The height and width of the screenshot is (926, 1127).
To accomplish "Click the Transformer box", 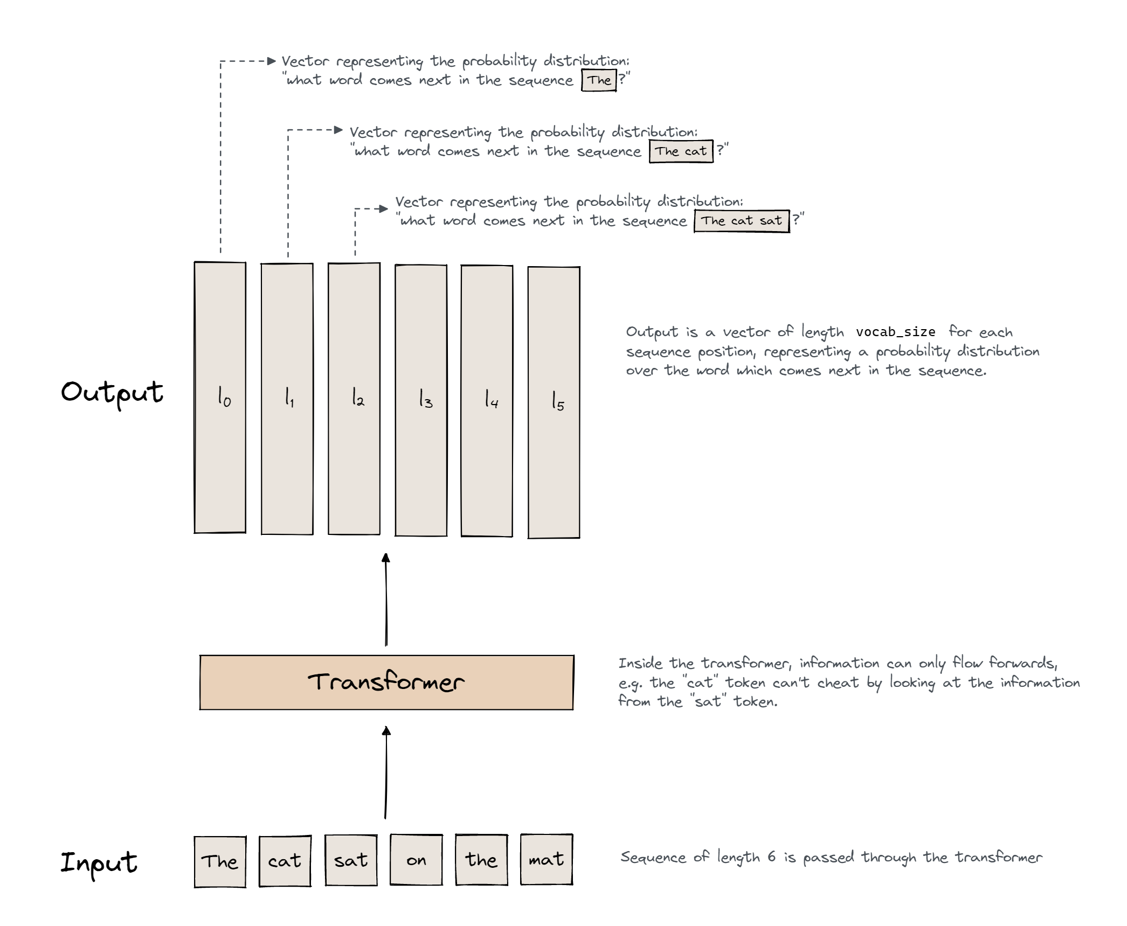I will click(x=386, y=682).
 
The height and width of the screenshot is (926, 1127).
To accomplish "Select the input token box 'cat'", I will click(x=285, y=860).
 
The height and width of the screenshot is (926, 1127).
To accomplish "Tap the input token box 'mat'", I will click(x=546, y=859).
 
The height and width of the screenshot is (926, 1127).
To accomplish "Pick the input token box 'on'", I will click(x=416, y=860).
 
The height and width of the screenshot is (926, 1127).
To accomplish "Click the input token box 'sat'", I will click(x=350, y=860).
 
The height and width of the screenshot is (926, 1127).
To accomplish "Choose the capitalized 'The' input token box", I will click(x=219, y=861).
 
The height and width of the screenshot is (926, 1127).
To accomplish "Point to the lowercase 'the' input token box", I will click(x=481, y=860).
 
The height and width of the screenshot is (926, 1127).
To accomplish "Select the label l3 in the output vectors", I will click(x=425, y=399).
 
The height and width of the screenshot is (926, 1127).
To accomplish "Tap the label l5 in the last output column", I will click(x=557, y=401).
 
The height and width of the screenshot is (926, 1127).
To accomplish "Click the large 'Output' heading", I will click(x=112, y=392).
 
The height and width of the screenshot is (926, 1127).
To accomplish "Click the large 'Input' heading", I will click(x=99, y=862).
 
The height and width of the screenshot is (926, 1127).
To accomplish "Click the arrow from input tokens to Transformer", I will click(x=386, y=772).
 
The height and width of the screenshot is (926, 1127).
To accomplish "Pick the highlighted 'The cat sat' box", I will click(x=741, y=221).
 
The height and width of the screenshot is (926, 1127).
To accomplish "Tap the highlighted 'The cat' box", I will click(x=680, y=151).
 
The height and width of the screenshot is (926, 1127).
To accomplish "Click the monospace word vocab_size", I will click(x=895, y=332).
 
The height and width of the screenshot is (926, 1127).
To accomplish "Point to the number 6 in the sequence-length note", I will click(x=771, y=857).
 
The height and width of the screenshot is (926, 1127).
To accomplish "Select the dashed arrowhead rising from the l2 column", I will click(x=383, y=208).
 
